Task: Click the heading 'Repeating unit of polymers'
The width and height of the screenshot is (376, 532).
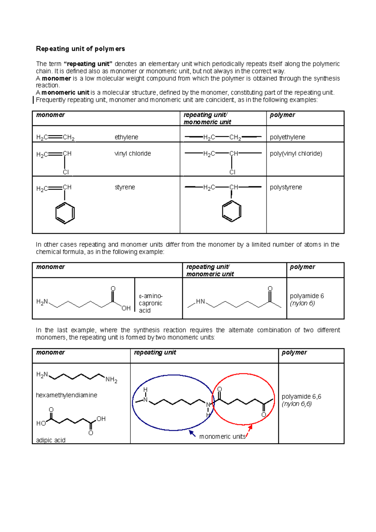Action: (x=80, y=49)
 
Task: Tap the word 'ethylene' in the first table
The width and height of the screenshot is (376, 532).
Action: (x=126, y=137)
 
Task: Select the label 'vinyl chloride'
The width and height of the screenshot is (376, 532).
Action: (x=133, y=154)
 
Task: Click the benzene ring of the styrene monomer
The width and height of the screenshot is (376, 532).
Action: (x=65, y=213)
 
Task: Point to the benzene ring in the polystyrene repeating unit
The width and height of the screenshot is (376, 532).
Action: (x=232, y=211)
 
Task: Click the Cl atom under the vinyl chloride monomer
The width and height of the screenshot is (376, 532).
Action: (x=66, y=172)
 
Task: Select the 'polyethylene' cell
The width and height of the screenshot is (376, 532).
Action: (x=287, y=137)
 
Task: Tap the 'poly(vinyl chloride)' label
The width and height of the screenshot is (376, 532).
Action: (x=296, y=154)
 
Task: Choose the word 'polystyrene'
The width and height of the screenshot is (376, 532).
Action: (x=286, y=187)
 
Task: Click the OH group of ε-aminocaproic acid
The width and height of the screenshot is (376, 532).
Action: (x=126, y=308)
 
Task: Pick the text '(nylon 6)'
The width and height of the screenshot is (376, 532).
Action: (x=302, y=303)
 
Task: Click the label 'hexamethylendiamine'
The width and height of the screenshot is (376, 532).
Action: (x=66, y=395)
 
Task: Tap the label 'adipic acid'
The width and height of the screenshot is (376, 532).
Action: (x=51, y=440)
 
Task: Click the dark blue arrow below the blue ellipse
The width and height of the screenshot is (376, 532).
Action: (x=192, y=434)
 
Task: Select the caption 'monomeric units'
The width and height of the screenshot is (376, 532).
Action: (x=222, y=437)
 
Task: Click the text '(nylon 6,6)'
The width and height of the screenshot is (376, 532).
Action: (x=296, y=404)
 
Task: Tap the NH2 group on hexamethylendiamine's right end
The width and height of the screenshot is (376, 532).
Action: (x=111, y=380)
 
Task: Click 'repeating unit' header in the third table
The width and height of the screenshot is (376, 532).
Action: (x=155, y=352)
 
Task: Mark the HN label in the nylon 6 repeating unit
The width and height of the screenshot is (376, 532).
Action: (x=200, y=301)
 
